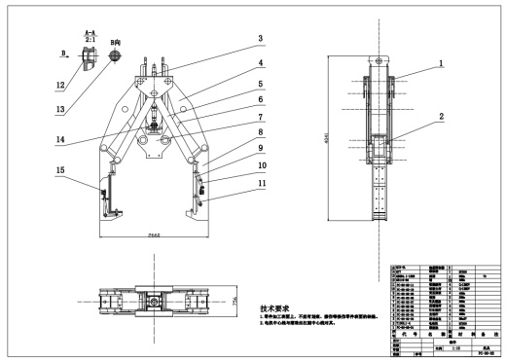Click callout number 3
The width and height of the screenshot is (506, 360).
[x=260, y=39]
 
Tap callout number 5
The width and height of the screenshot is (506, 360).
[x=260, y=84]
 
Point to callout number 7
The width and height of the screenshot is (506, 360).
[x=260, y=115]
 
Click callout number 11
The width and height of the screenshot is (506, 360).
[x=260, y=182]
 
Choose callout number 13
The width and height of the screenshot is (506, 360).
[x=60, y=109]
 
